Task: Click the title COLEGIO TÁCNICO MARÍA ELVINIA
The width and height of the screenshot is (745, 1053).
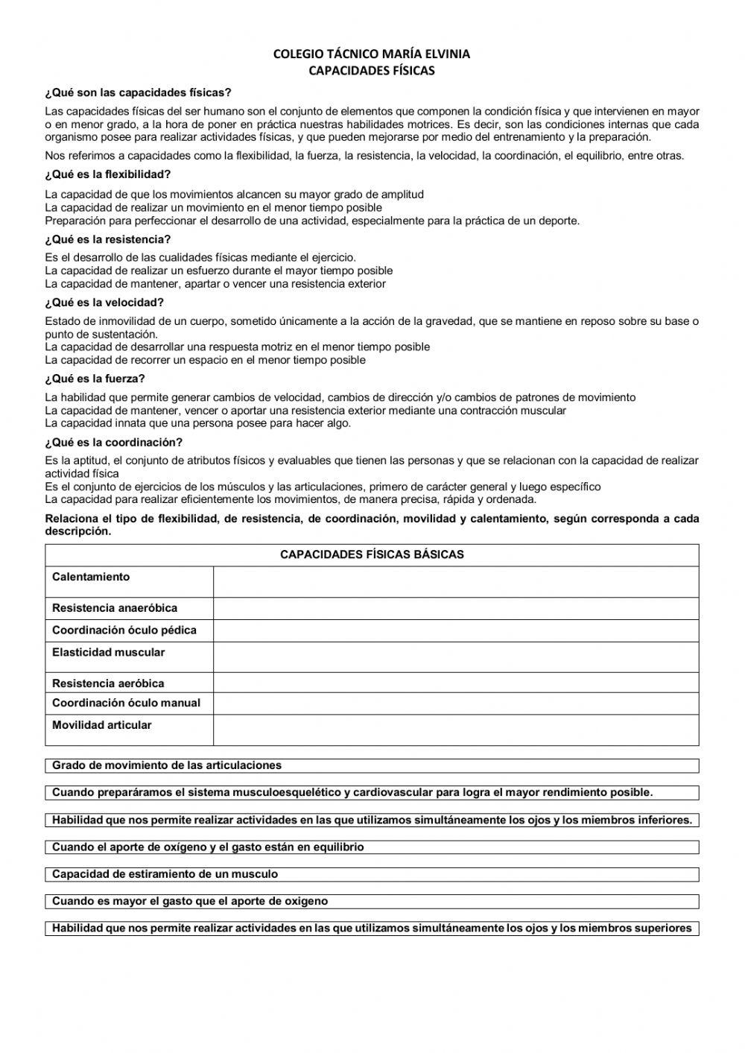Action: coord(372,54)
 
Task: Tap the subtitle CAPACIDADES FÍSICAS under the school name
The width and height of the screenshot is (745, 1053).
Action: coord(372,71)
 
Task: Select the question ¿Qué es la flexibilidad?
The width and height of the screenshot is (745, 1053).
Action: coord(108,174)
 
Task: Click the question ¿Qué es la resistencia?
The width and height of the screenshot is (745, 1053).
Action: coord(108,239)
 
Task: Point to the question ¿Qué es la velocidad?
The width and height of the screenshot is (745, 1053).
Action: coord(104,303)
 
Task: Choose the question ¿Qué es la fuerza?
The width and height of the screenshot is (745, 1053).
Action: coord(95,379)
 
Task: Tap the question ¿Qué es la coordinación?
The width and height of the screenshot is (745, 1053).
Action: coord(113,442)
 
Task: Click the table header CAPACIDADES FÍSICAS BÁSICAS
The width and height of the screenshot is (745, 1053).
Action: coord(372,554)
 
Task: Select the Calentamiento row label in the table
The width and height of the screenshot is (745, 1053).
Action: coord(91,577)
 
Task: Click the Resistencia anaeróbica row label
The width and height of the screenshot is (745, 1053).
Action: coord(115,608)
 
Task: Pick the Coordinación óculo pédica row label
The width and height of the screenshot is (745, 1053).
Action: coord(124,630)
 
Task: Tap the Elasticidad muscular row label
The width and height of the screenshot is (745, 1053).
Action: coord(108,653)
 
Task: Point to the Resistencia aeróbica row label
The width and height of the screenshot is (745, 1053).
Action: coord(108,683)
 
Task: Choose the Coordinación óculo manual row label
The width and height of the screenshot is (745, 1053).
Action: coord(126,703)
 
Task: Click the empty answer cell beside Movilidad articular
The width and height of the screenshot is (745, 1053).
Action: coord(455,730)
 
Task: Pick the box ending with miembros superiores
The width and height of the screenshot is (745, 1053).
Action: coord(372,929)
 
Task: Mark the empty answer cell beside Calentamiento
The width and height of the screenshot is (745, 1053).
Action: coord(455,581)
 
